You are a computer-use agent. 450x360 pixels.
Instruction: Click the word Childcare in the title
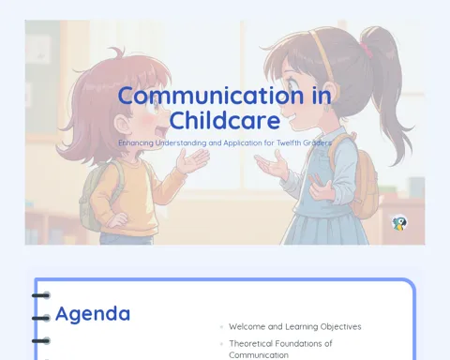coord(224,121)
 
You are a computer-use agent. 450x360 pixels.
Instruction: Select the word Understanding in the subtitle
coord(181,143)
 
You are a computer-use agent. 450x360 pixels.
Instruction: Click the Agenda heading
coord(93,314)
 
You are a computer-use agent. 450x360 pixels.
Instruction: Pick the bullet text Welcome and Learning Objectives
coord(295,326)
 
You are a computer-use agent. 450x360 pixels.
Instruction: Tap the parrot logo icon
coord(399,223)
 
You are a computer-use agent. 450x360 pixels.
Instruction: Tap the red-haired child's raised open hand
coord(191,160)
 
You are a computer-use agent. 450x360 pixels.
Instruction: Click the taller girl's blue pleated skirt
coord(325,228)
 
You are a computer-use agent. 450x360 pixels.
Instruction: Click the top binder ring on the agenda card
coord(41,295)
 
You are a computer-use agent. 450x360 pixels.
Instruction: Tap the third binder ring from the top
coord(41,340)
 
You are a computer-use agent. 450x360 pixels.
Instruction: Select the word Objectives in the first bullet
coord(341,326)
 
